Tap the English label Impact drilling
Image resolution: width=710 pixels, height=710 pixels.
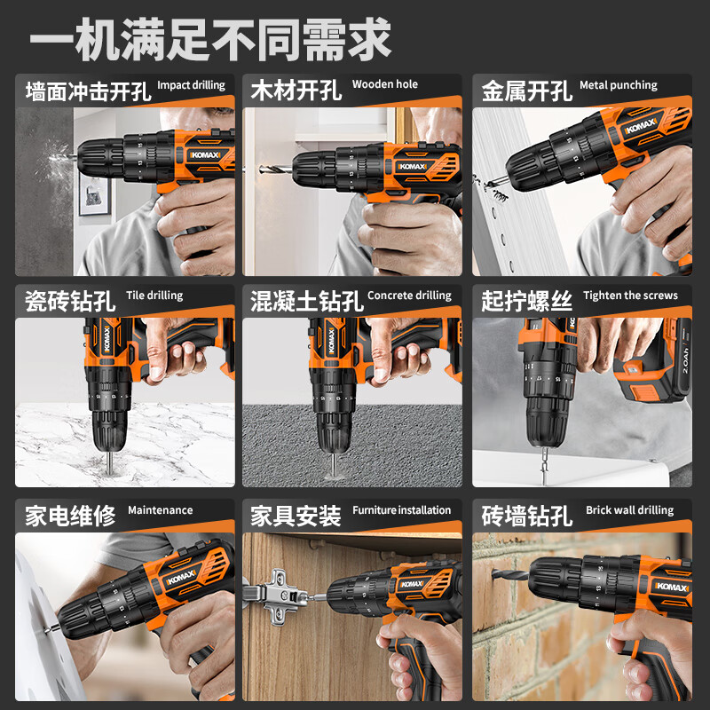pyautogui.click(x=191, y=86)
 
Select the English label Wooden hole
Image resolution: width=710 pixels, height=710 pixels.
pyautogui.click(x=384, y=85)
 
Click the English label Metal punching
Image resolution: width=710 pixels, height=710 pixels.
pyautogui.click(x=618, y=86)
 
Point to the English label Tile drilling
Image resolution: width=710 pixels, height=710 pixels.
pyautogui.click(x=154, y=296)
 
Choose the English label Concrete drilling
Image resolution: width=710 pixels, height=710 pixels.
pyautogui.click(x=408, y=296)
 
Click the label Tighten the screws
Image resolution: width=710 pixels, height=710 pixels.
pyautogui.click(x=630, y=296)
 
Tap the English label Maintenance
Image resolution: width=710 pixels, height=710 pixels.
pyautogui.click(x=160, y=510)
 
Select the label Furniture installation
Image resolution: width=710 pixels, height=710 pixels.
pyautogui.click(x=401, y=510)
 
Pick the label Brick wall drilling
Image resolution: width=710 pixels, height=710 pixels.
pyautogui.click(x=629, y=510)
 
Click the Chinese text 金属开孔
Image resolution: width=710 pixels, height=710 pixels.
pyautogui.click(x=526, y=91)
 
